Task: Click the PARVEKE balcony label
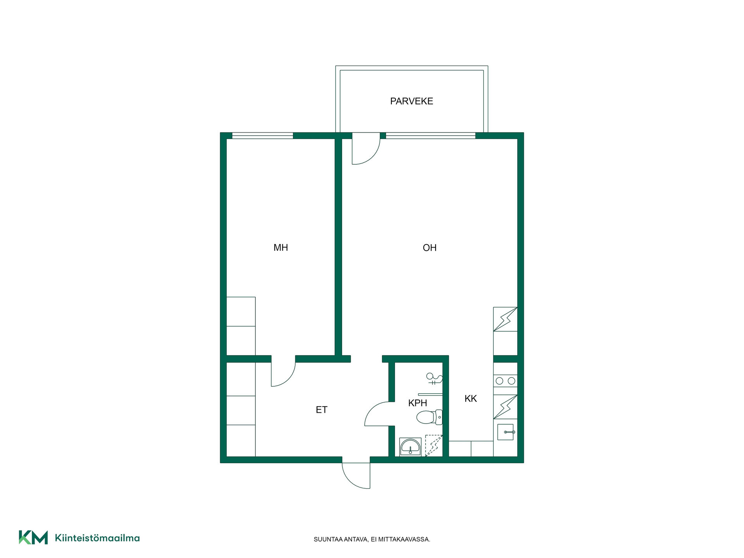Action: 412,101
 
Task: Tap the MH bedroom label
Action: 281,248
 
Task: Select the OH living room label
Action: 429,248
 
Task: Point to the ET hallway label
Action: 321,410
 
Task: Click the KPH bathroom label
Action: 417,403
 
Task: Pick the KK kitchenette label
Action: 470,398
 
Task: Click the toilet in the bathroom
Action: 429,417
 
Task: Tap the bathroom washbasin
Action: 410,447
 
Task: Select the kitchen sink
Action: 505,432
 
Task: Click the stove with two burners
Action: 505,381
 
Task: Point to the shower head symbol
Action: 434,378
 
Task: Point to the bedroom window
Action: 262,136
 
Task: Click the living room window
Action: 431,136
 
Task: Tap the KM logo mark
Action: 33,537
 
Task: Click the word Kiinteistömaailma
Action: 97,538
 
